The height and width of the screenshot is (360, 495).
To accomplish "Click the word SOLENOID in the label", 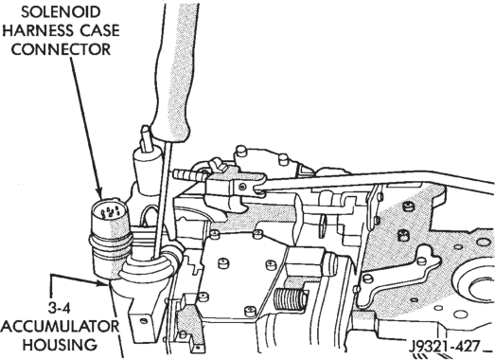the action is [61, 12].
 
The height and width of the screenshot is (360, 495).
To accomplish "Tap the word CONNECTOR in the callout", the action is [61, 49].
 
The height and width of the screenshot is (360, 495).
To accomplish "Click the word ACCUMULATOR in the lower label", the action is [61, 326].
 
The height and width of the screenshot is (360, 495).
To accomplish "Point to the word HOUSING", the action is [60, 344].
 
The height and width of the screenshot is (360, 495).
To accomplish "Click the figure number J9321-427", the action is [445, 347].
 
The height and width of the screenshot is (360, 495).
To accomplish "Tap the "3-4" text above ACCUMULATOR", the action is [60, 308].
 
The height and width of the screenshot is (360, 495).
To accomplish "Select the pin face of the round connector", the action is [109, 211].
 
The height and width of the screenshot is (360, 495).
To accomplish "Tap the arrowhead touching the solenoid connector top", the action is [100, 193].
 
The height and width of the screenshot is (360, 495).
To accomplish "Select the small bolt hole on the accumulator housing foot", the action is [144, 321].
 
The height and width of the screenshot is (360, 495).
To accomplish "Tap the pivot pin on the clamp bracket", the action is [242, 187].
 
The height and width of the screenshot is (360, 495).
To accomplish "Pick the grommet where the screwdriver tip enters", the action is [149, 266].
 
